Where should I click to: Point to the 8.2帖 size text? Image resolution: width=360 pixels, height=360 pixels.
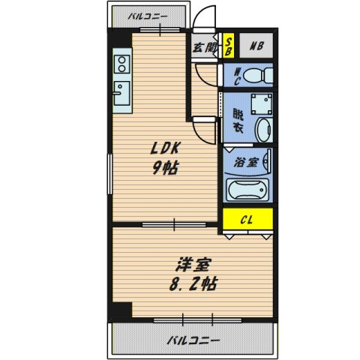tap(193, 285)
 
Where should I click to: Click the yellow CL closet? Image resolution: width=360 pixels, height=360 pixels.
tap(247, 219)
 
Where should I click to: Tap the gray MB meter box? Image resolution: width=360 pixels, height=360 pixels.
tap(255, 46)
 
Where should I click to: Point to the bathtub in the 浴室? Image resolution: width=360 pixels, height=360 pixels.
tap(247, 190)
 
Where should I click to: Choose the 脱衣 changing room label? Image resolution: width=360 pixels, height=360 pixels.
tap(237, 121)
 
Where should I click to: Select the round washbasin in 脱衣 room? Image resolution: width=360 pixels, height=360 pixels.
tap(262, 129)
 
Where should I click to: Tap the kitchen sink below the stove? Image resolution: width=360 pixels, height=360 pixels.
tap(121, 93)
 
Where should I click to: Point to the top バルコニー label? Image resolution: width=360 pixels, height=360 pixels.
tap(147, 14)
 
